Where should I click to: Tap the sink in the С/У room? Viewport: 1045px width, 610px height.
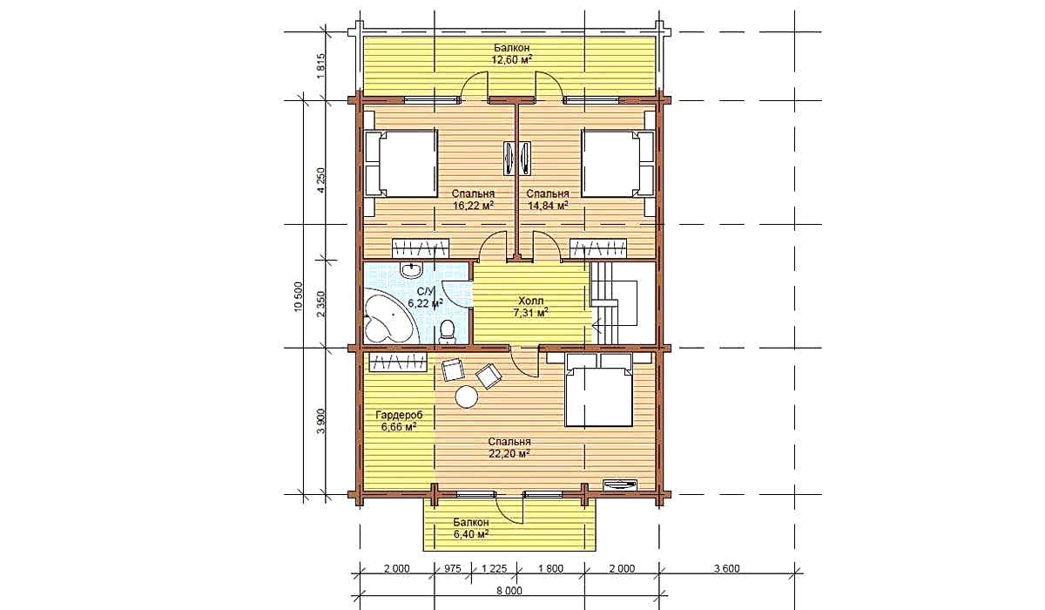pos(84,270)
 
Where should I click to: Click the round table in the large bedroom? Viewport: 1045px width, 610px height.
pos(467,397)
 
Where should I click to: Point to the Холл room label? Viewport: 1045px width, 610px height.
pos(531,301)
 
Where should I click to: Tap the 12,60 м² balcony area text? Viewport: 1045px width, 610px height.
pos(512,60)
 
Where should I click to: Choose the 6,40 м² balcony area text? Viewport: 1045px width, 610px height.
pos(471,533)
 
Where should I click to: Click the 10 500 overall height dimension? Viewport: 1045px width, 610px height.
pos(299,297)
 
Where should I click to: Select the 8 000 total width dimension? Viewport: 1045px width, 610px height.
pos(509,591)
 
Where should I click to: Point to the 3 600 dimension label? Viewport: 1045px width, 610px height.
pos(727,568)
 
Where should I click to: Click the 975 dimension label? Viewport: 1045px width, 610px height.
pos(452,568)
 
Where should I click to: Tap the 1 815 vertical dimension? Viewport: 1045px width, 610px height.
pos(321,66)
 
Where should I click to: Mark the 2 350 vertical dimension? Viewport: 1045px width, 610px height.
pos(321,304)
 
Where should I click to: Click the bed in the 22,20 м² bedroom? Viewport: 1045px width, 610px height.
pos(598,390)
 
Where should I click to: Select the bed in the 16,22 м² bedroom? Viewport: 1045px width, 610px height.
pos(401,163)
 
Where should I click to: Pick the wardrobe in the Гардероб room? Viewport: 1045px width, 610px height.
pos(399,363)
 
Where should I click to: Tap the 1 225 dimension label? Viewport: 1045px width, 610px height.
pos(494,568)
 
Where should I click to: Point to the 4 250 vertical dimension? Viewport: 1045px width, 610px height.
pos(321,180)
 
